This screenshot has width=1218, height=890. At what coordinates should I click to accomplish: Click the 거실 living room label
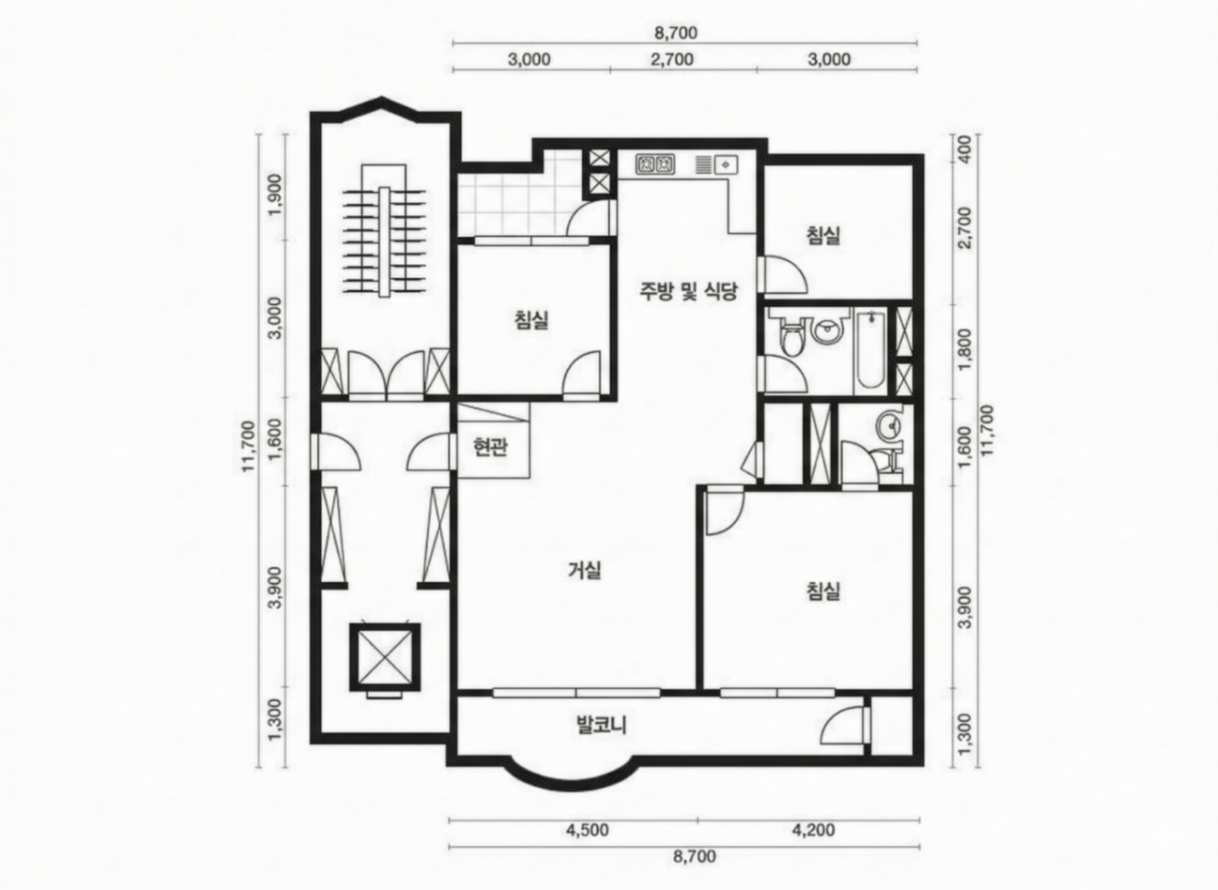click(x=585, y=570)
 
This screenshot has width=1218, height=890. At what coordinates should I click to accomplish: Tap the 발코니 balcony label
click(x=601, y=725)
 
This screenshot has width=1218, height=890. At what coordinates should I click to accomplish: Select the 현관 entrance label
click(x=490, y=447)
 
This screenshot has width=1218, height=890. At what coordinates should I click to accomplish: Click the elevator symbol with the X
click(x=384, y=657)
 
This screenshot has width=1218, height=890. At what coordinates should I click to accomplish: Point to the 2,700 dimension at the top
click(x=672, y=59)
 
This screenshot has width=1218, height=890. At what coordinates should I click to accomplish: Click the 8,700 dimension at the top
click(x=676, y=33)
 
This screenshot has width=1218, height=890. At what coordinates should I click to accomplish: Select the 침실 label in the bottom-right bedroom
click(x=823, y=591)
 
